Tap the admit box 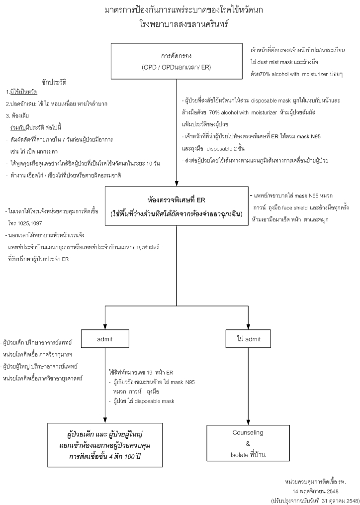coord(105,340)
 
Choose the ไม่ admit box coord(248,340)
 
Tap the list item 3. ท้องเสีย coord(19,114)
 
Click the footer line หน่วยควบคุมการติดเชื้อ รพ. coord(315,482)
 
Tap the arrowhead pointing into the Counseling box coord(248,419)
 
